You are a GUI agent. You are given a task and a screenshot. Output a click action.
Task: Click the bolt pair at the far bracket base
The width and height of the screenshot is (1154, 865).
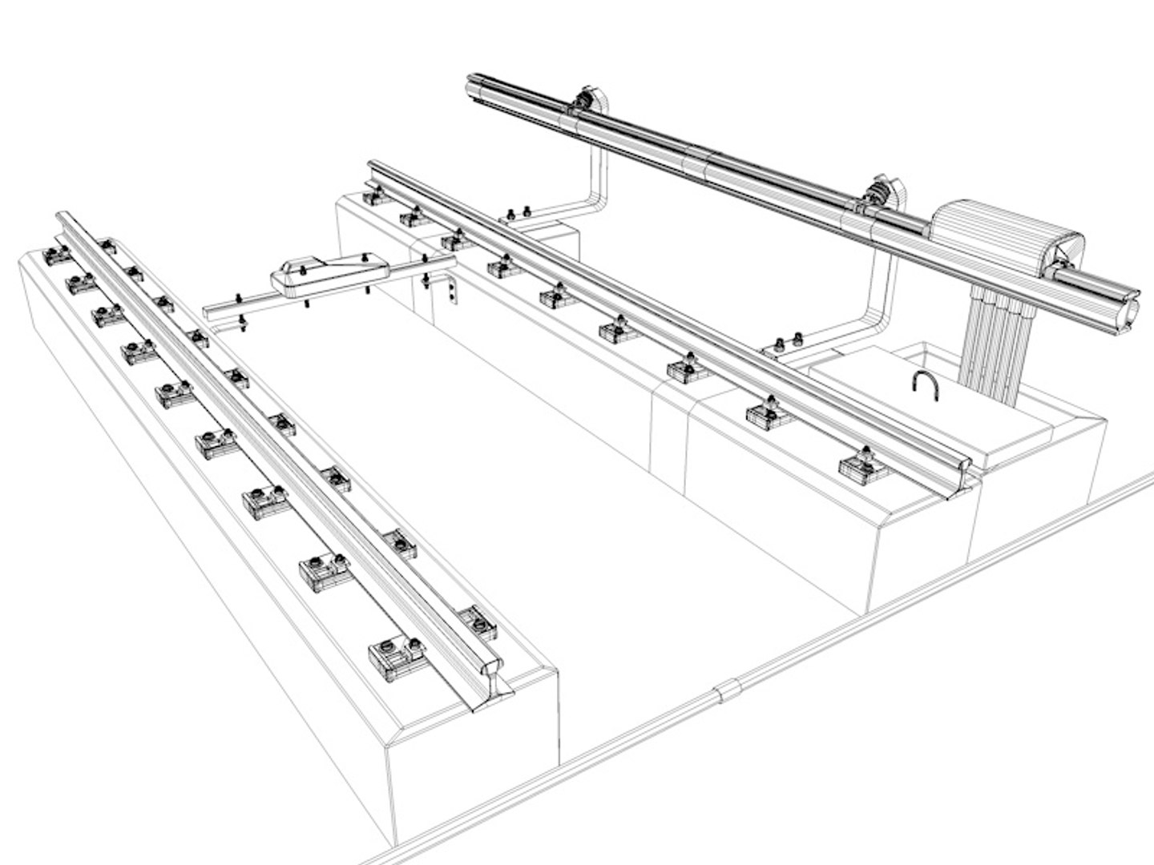coord(517,213)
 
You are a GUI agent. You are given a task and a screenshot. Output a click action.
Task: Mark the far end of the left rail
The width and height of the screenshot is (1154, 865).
coord(64,218)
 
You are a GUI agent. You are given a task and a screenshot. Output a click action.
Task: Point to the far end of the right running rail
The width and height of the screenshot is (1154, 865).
coord(372,167)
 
